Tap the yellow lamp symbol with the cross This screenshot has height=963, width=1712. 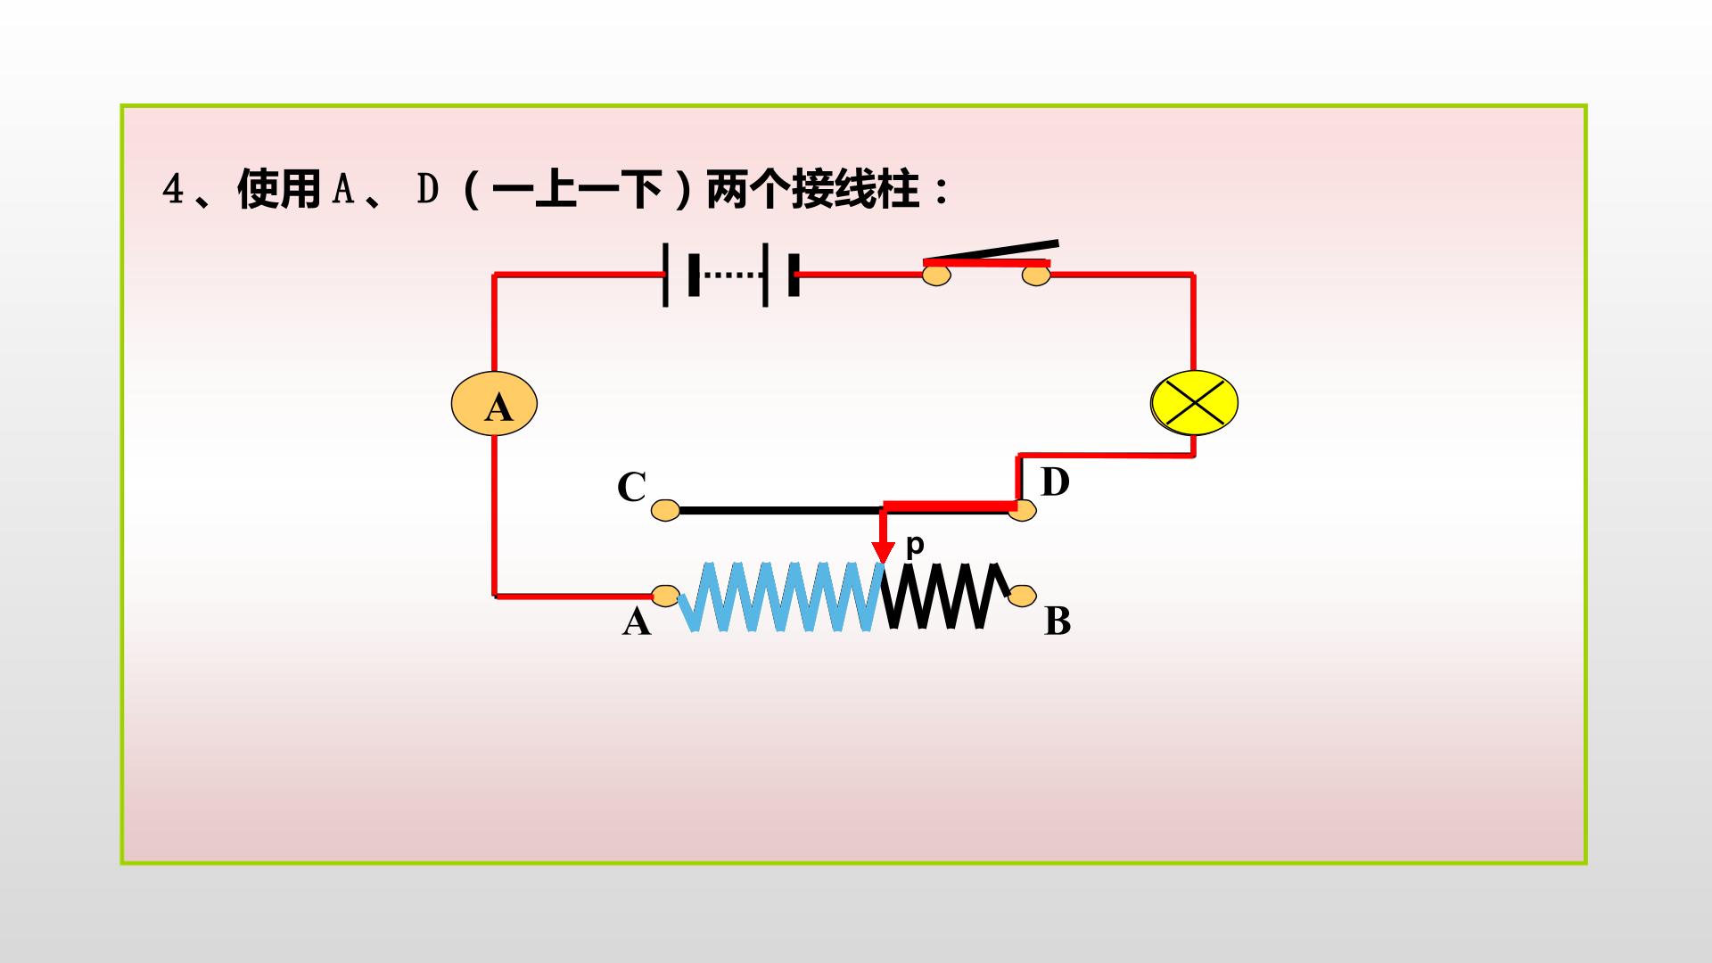point(1195,403)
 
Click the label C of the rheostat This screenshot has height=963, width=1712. point(631,487)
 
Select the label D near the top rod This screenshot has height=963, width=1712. point(1055,482)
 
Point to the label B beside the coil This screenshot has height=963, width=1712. point(1058,621)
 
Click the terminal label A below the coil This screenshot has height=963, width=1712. point(637,621)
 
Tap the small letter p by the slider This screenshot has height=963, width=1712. point(915,545)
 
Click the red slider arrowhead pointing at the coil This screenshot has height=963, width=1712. point(883,552)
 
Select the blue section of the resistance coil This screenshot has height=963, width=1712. point(781,597)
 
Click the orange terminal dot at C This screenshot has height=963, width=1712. point(665,510)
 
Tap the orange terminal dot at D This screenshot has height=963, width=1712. point(1023,510)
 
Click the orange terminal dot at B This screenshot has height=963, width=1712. point(1023,595)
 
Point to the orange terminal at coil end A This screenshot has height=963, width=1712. point(666,596)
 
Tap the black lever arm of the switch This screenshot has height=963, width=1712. point(992,251)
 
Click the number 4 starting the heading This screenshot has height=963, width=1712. point(172,189)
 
